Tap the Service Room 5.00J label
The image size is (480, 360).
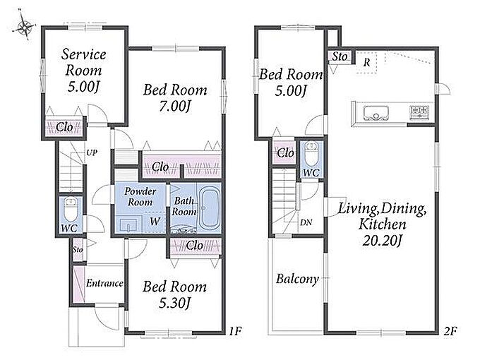[83, 71]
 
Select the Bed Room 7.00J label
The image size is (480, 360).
[175, 98]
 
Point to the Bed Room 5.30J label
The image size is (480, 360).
[174, 295]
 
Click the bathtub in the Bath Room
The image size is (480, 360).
[209, 208]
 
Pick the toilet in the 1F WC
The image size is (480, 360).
[71, 210]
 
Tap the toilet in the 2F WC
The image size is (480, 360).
[311, 154]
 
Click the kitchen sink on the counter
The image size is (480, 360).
[376, 114]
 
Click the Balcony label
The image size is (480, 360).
[297, 279]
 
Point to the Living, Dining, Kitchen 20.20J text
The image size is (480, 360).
[383, 224]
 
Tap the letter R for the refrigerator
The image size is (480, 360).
[366, 63]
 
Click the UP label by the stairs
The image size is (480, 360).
[92, 152]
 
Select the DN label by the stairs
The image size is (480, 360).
[306, 222]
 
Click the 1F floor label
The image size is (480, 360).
[236, 331]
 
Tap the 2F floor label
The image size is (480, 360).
[450, 331]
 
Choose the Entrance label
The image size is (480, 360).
[104, 283]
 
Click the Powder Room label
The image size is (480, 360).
[140, 196]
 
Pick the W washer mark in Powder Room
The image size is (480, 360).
[155, 221]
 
